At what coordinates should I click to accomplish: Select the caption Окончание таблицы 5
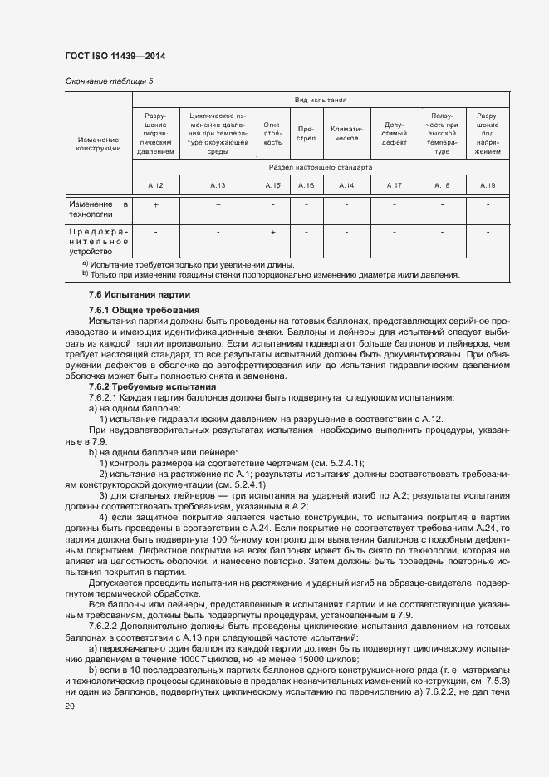(109, 81)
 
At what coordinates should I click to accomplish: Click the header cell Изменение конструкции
(98, 144)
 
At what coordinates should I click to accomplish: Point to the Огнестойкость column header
(272, 132)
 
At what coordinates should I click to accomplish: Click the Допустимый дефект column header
(395, 132)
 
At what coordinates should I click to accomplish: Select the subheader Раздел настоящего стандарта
(320, 167)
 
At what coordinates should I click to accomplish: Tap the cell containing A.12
(155, 185)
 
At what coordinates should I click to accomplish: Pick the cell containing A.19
(488, 185)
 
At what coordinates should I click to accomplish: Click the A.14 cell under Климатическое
(346, 185)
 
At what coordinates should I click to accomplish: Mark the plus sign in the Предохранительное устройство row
(272, 232)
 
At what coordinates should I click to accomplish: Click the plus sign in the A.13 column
(218, 204)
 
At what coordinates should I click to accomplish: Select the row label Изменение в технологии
(98, 208)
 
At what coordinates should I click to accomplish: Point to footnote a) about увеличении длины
(179, 263)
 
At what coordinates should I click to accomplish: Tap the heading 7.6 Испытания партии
(140, 295)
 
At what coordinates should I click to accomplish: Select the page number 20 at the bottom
(70, 706)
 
